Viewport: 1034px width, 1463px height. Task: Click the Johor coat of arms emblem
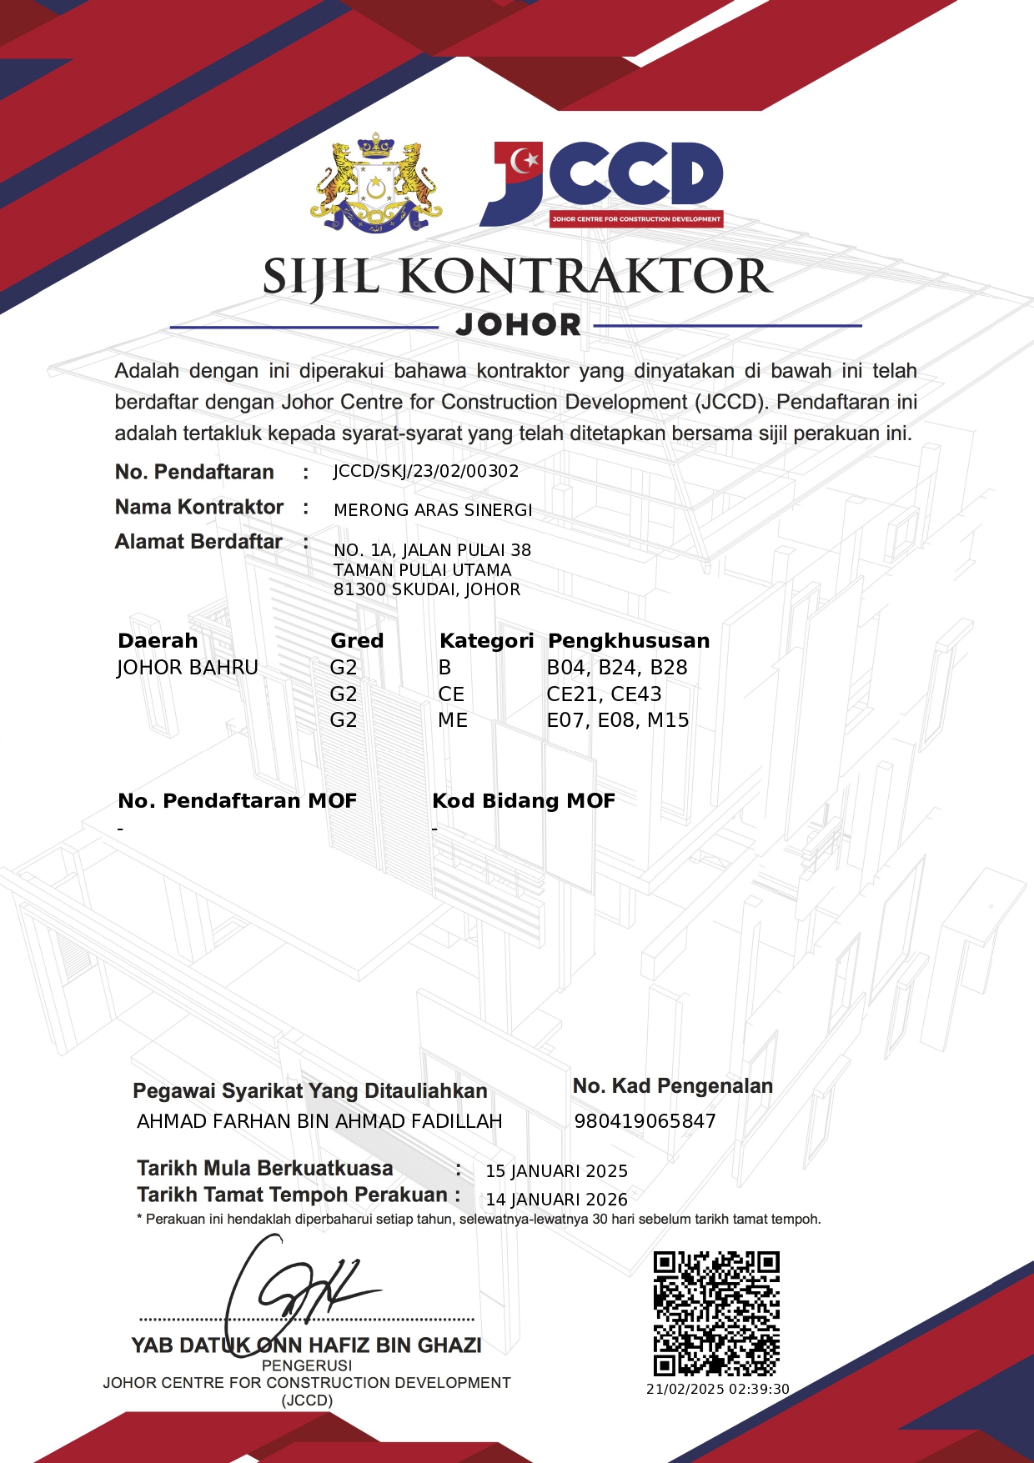[376, 183]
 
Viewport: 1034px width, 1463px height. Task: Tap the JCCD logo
[601, 184]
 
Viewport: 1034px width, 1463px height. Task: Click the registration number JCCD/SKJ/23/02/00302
[426, 471]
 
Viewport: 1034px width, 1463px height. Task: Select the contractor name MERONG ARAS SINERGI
[433, 510]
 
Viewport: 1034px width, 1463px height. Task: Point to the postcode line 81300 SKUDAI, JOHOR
[427, 589]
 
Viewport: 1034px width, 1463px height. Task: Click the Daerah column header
[158, 640]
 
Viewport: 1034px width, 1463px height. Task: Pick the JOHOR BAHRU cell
[188, 668]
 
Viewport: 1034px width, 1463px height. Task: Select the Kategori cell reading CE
[451, 694]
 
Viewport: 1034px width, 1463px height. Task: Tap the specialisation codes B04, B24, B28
[617, 668]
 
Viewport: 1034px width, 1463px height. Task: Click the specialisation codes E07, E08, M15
[618, 720]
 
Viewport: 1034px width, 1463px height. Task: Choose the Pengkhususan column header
[629, 640]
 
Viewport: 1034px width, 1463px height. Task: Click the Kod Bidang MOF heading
[524, 801]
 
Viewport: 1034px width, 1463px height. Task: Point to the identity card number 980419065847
[645, 1121]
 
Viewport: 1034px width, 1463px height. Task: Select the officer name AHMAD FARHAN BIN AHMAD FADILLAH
[319, 1121]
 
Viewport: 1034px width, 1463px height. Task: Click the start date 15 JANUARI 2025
[556, 1171]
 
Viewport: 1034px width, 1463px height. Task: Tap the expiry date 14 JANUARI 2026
[556, 1200]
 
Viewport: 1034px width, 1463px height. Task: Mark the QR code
[716, 1313]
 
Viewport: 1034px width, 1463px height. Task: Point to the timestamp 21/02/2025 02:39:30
[717, 1389]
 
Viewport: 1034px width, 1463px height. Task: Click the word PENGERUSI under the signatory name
[307, 1365]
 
